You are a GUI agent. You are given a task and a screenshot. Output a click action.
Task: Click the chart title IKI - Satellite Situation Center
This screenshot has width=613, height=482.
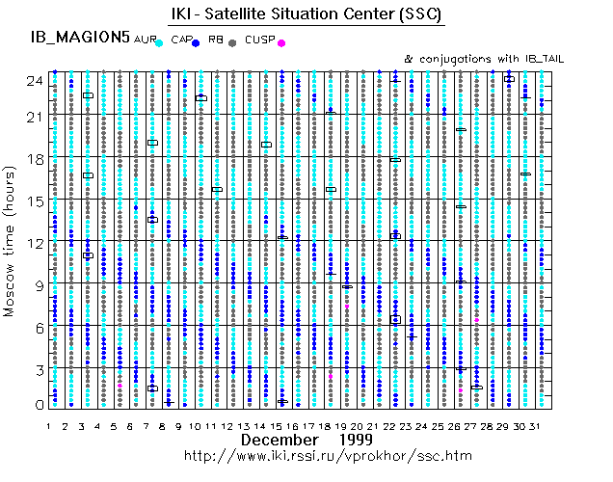(308, 15)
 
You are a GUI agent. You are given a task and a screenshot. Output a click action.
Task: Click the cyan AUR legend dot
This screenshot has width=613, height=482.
(160, 43)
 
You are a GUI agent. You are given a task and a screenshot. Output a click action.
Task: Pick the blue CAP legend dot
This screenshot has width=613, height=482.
(196, 43)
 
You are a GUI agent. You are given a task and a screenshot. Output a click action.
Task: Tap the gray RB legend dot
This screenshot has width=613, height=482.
(232, 43)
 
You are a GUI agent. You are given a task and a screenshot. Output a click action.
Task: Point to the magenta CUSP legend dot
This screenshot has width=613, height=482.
(280, 43)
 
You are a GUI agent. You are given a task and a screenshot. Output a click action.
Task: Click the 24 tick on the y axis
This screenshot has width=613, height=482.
(35, 81)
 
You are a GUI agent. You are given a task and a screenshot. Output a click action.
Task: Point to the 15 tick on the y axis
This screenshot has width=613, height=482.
(35, 201)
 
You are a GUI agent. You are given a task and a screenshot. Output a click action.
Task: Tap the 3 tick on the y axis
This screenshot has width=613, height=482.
(39, 369)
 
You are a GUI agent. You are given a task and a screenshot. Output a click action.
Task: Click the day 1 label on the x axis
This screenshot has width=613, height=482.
(48, 424)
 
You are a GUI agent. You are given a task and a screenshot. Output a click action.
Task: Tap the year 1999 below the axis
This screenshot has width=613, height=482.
(358, 440)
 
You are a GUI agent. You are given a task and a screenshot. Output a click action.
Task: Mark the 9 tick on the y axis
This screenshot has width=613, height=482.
(39, 285)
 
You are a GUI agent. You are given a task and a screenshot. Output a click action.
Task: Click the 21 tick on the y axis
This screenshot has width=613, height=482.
(35, 117)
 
